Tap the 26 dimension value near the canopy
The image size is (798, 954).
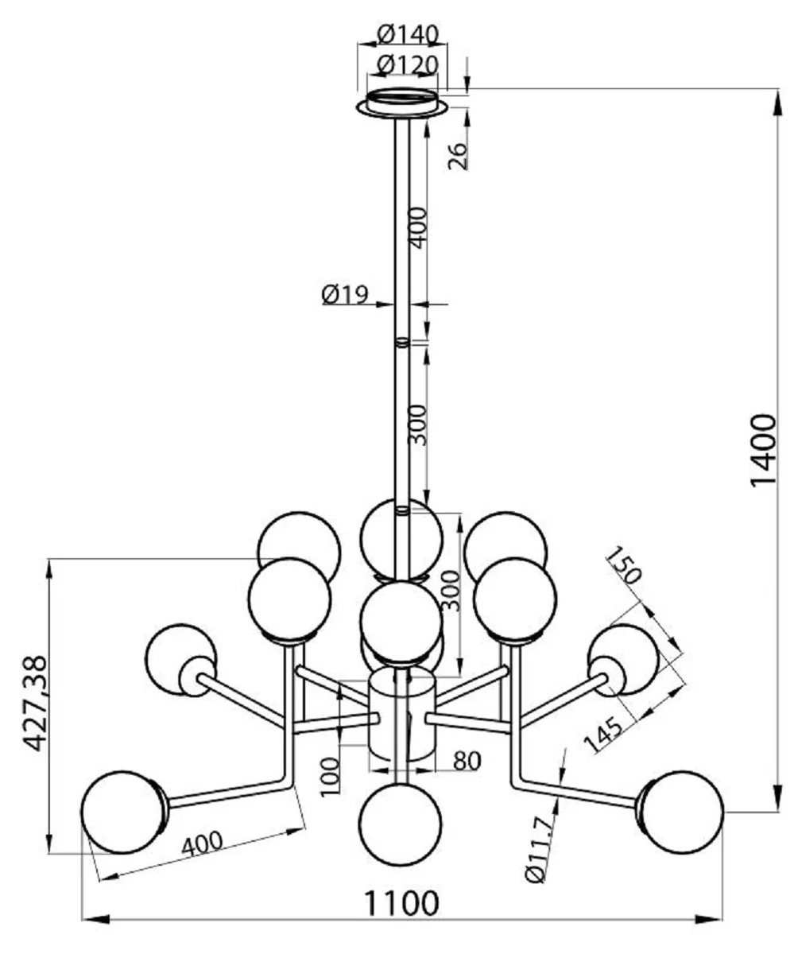458,157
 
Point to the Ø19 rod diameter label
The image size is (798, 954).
344,295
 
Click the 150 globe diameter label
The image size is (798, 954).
624,566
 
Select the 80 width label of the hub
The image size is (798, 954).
467,761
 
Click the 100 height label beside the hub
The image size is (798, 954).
331,775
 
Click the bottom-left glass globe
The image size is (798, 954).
122,811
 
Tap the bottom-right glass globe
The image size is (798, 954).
683,811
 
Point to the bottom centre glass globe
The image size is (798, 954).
401,822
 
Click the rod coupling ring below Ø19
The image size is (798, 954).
402,343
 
